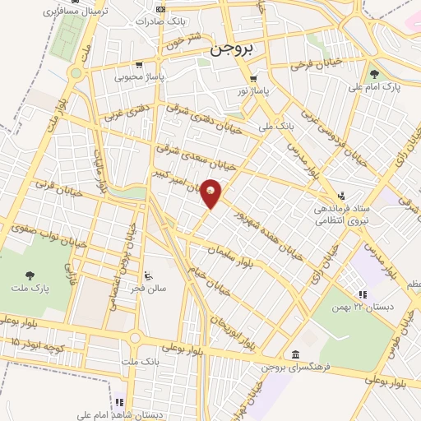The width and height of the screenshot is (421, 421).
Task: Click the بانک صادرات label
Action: click(184, 20)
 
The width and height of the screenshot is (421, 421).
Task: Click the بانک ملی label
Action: click(276, 127)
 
